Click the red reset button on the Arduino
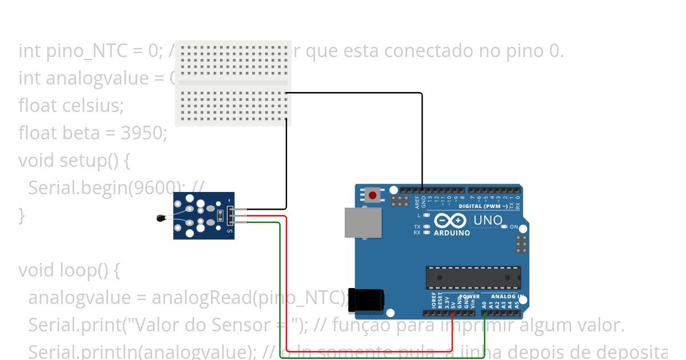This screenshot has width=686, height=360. coord(373,195)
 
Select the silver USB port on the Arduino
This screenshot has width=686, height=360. coord(362,222)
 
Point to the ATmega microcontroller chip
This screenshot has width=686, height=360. coord(473,277)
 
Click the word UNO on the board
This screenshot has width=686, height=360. coord(488,220)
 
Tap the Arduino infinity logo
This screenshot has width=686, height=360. coord(450,221)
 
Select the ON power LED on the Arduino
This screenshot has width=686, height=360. coord(504,227)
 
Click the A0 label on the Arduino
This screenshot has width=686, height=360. coord(484,304)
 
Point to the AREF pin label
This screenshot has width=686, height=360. coord(417,202)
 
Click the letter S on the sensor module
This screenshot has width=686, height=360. coord(230,231)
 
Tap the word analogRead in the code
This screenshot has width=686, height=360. coord(201,297)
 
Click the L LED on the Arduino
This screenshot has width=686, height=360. coord(426,215)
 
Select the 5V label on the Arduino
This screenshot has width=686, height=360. coord(452,305)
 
